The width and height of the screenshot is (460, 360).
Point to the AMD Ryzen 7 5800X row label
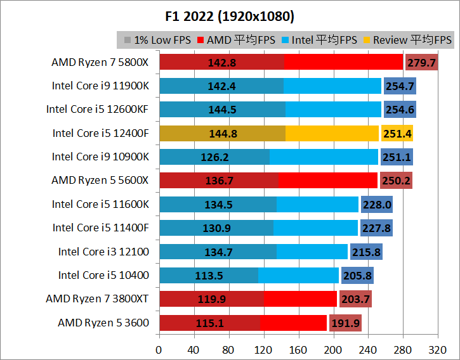100,62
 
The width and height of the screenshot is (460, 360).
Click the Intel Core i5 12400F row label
100,133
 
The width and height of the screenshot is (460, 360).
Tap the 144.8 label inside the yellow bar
221,133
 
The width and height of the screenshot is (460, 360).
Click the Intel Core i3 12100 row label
103,252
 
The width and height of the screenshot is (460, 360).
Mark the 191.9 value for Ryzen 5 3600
345,323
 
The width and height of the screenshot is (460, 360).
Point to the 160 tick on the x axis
298,349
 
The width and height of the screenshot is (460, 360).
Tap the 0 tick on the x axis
159,349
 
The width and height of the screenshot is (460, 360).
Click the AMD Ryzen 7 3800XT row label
97,299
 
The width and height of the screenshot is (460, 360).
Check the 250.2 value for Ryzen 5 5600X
396,181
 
